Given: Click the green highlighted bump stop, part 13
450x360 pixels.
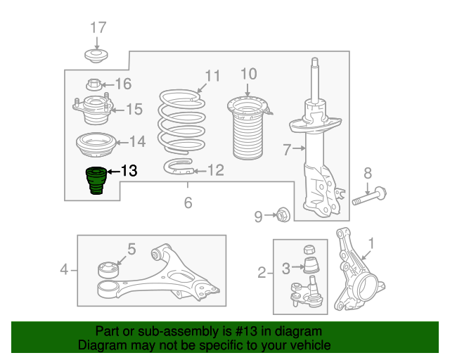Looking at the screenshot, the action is pos(96,180).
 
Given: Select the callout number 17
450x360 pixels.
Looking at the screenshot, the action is pos(98,27).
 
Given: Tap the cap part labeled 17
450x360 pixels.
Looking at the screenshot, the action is pos(96,56).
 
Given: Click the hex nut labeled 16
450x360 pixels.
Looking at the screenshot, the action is pos(93,84).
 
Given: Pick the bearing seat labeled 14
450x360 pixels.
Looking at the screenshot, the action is pos(96,145).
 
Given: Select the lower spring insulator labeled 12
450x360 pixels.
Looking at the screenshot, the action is pos(178,167).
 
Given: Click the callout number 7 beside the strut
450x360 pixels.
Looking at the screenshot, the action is pos(287,150).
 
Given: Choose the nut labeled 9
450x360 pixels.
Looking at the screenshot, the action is pos(283,214).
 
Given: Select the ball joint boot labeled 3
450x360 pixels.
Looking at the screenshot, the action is pos(311,265).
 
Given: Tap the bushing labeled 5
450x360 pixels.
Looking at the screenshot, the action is pos(108,270).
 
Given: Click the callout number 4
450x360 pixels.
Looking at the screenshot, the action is pos(64,270).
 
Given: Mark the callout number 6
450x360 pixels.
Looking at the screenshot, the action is pos(188,202).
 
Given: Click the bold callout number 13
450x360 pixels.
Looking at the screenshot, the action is pos(129,171).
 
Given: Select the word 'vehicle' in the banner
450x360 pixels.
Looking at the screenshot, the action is pos(311,345).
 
